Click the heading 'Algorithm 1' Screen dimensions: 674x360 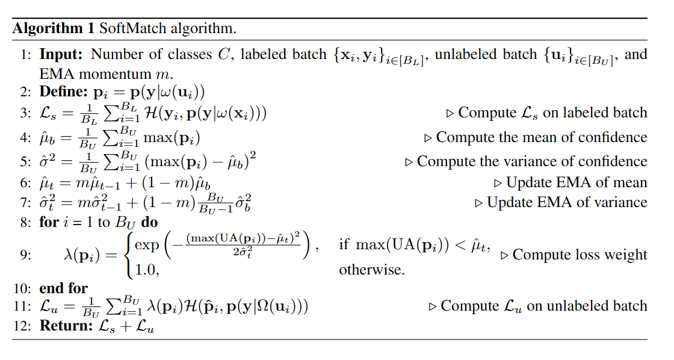tap(53, 28)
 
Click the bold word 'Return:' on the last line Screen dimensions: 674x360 tap(64, 326)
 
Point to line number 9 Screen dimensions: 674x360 tap(25, 255)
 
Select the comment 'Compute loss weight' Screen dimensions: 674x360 tap(580, 255)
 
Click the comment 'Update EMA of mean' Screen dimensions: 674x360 tap(577, 182)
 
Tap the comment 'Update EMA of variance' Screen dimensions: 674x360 tap(567, 202)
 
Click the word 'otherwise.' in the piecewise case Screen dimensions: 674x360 tap(372, 269)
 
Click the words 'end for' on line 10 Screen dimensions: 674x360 tap(63, 288)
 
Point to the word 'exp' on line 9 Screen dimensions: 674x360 tap(147, 245)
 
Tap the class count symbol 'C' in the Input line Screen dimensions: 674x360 tap(223, 55)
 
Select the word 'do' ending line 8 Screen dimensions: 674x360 tap(150, 222)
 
